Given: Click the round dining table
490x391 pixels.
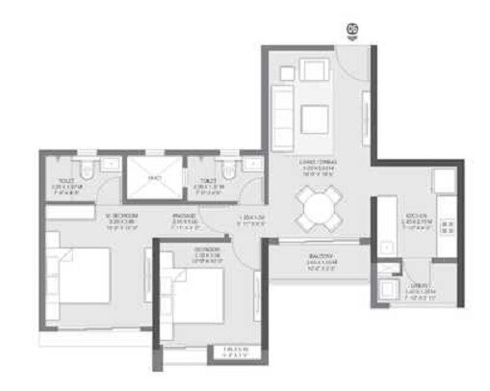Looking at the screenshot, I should click(x=317, y=206).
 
